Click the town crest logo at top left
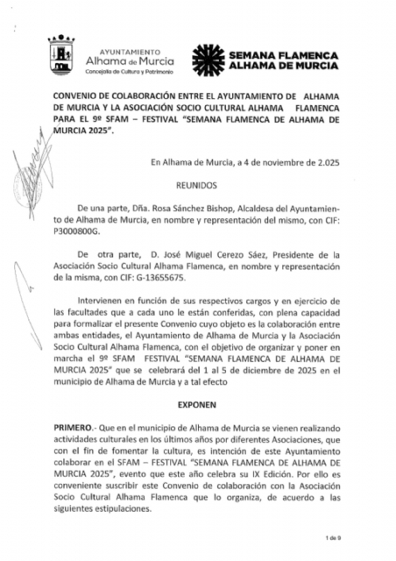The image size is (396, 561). (61, 55)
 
